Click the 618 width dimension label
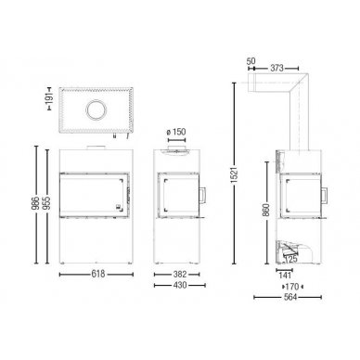[x=98, y=274]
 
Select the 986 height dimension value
[x=36, y=202]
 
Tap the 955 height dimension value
[x=47, y=202]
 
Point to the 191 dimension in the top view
[x=49, y=98]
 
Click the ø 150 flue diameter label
[x=176, y=132]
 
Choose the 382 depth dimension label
[x=180, y=274]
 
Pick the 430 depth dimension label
[x=180, y=285]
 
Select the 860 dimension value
[x=267, y=210]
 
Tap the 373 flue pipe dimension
[x=276, y=68]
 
